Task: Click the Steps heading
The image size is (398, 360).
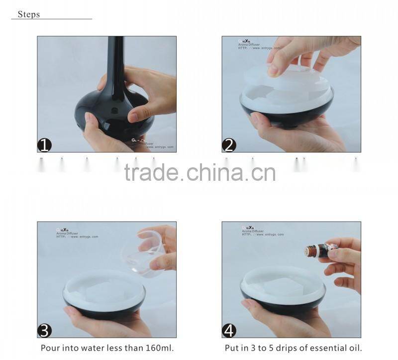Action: coord(28,14)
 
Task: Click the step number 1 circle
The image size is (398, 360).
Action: coord(45,145)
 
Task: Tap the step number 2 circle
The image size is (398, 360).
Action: coord(229,145)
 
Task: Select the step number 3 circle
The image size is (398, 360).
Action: coord(45,331)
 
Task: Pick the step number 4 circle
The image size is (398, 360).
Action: coord(229,331)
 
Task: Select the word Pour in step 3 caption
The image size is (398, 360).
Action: coord(50,348)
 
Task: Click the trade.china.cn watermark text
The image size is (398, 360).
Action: coord(199,172)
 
